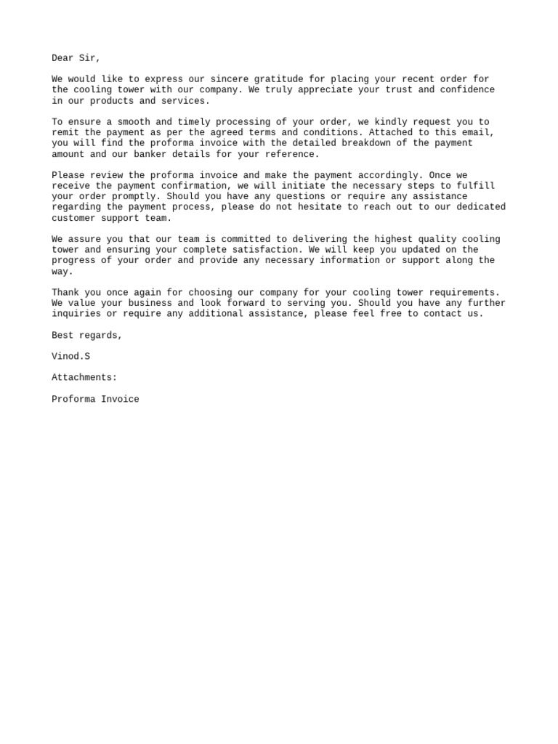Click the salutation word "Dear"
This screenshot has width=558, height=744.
pos(62,58)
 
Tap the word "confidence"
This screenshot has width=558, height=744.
pos(466,90)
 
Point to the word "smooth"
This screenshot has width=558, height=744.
pos(134,122)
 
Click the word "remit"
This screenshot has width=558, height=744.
pos(65,133)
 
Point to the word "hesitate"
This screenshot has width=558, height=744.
pos(320,207)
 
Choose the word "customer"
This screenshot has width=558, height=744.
pos(73,218)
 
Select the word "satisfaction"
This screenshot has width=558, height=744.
pos(264,250)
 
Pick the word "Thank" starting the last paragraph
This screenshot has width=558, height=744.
pos(65,293)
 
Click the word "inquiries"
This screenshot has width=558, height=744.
pos(76,314)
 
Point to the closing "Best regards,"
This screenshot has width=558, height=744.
pos(87,335)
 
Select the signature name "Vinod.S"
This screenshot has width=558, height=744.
pos(70,357)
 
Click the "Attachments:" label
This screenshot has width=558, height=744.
pos(84,378)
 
